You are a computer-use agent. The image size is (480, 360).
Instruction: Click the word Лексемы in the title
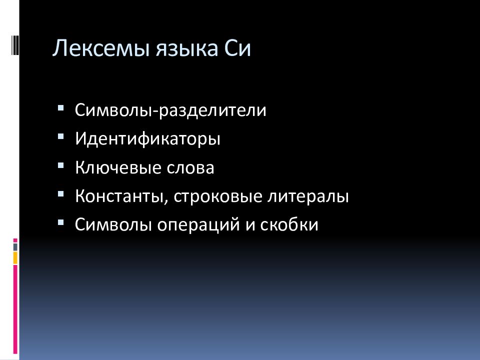point(92,50)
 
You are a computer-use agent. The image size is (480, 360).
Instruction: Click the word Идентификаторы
point(147,138)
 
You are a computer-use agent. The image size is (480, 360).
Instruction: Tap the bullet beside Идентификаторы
point(60,135)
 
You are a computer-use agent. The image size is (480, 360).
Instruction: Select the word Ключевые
point(116,167)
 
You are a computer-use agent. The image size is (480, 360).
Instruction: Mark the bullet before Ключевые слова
point(60,164)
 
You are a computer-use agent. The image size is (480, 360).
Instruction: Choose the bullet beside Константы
point(60,193)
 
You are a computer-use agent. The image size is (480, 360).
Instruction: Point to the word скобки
point(289,225)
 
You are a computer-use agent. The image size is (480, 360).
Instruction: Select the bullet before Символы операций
point(60,221)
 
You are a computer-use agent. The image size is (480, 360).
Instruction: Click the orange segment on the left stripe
point(15,257)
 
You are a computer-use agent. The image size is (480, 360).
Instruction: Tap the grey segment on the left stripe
point(15,246)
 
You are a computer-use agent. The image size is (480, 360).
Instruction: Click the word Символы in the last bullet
point(114,225)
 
